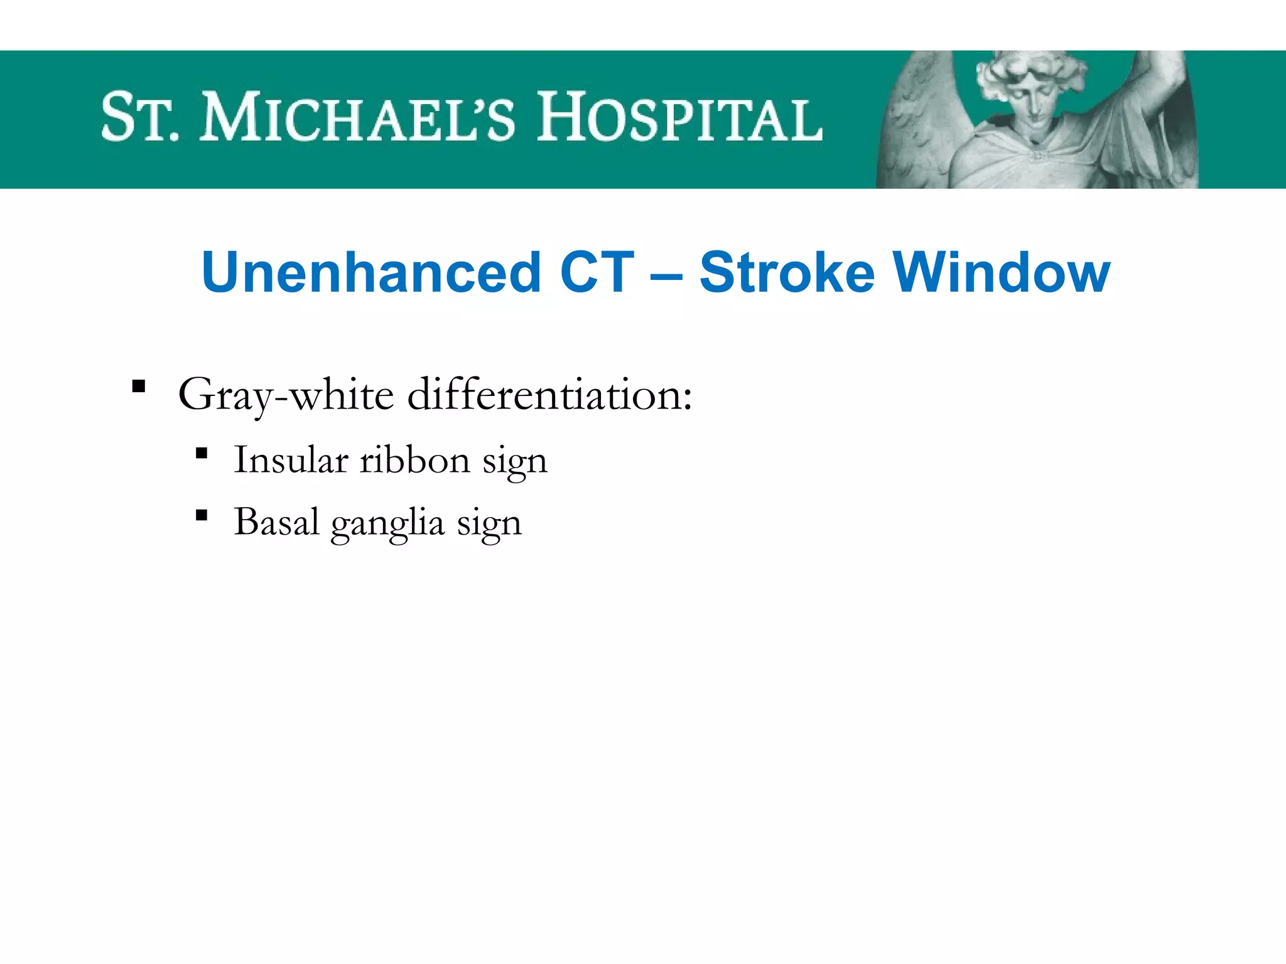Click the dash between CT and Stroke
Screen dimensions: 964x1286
pos(667,274)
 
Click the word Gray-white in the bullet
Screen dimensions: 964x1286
pos(286,395)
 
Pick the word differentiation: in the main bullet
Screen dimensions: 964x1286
pos(549,395)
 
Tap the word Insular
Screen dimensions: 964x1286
pos(291,459)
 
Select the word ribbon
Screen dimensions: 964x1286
pos(414,459)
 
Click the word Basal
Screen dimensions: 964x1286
pos(276,522)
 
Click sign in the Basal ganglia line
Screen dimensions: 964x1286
pos(489,524)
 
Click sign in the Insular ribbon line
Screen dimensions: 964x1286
pos(515,462)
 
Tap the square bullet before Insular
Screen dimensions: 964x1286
pos(202,453)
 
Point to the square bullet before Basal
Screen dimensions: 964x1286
pos(202,516)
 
